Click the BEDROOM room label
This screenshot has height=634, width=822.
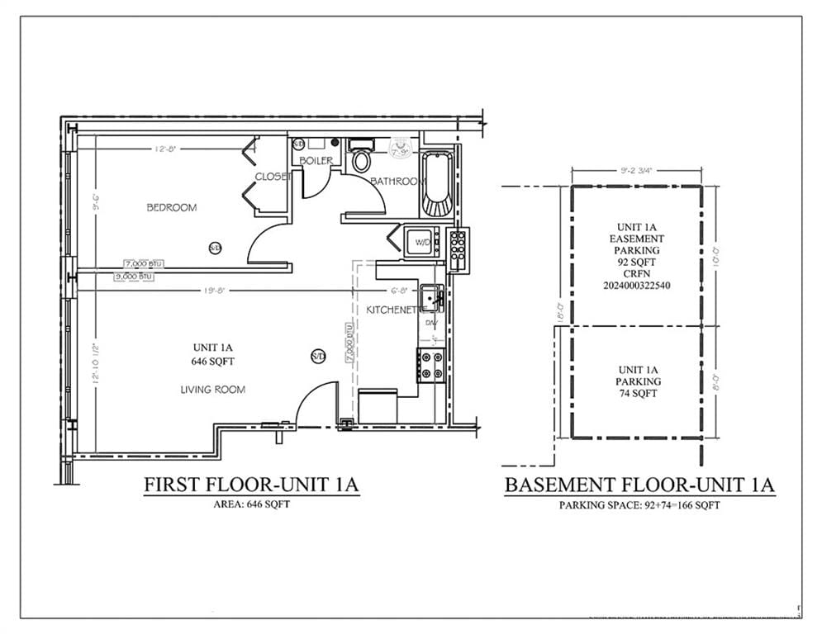(172, 207)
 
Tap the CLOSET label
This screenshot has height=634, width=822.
(273, 177)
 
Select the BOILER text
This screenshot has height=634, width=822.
(316, 160)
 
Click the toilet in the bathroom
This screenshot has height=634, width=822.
(361, 159)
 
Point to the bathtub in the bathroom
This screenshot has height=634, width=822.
(435, 182)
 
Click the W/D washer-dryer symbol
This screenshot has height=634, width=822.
(421, 242)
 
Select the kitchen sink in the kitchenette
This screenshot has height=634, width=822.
(430, 297)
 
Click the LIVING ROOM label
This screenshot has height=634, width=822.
(212, 389)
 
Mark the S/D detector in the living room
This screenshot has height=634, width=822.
(318, 356)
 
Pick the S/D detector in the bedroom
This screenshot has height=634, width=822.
(215, 247)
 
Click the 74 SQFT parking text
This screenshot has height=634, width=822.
(638, 394)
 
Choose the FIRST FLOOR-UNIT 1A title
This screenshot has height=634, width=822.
(251, 485)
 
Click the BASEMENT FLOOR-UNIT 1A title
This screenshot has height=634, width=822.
(639, 485)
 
